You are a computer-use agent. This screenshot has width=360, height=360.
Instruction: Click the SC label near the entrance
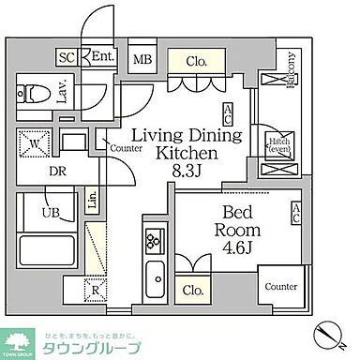click(66, 56)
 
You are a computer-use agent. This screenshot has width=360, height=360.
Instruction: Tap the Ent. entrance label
click(102, 57)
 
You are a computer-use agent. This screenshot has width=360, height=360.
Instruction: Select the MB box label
click(143, 61)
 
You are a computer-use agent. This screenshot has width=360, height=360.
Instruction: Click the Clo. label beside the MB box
click(196, 61)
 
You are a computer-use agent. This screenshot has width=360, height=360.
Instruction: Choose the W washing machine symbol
click(33, 145)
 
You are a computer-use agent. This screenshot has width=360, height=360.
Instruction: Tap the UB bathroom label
click(30, 213)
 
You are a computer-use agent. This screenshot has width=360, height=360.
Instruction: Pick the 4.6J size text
click(237, 248)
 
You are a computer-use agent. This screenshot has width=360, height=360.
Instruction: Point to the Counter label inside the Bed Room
click(280, 286)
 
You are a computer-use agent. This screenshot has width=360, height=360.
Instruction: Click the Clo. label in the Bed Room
click(194, 290)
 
